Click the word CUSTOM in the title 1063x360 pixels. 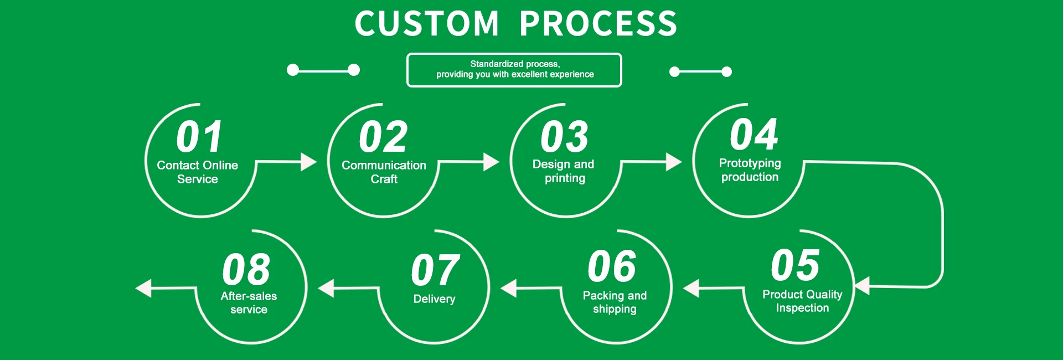(426, 24)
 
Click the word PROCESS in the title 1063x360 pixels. (598, 24)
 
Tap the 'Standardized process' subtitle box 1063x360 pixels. (514, 70)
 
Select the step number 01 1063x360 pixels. (200, 137)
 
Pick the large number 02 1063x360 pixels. (383, 137)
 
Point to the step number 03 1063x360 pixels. (564, 137)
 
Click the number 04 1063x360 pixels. (754, 135)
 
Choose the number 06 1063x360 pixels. (612, 266)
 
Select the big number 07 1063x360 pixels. (435, 270)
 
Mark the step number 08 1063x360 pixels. (246, 270)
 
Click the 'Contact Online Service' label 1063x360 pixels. (198, 172)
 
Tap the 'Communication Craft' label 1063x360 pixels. (384, 172)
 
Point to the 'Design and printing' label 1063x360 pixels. (564, 171)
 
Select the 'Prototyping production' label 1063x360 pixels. (750, 170)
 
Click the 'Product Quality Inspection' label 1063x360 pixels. (802, 301)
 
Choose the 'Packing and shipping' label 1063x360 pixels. (615, 302)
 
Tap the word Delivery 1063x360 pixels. (434, 299)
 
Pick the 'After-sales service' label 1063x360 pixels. (249, 302)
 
